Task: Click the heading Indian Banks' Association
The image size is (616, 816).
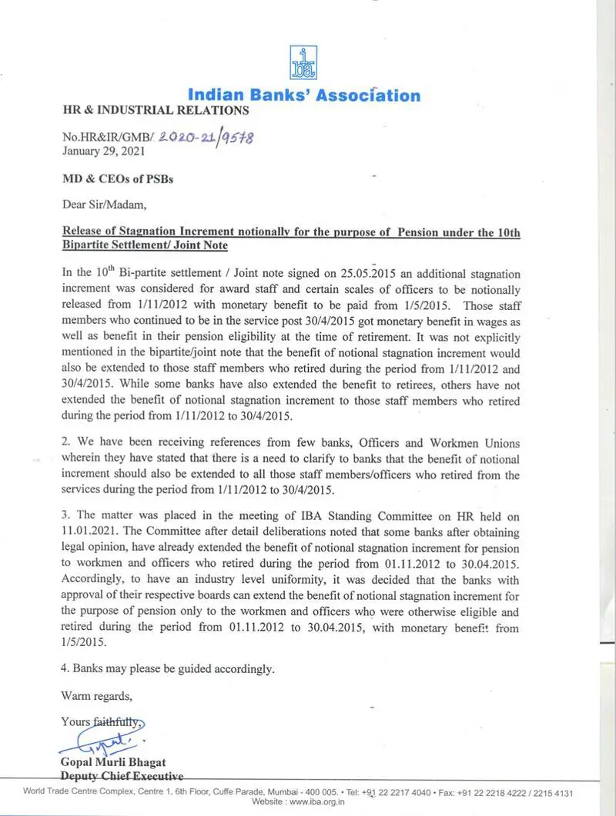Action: point(304,95)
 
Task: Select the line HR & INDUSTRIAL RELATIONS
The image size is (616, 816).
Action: point(155,111)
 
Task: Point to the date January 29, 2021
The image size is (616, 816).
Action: point(99,152)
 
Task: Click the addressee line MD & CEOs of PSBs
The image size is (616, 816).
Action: point(118,179)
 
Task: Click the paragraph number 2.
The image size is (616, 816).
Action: point(65,443)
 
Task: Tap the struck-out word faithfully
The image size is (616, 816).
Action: point(118,721)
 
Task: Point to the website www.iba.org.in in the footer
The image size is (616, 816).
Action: point(317,802)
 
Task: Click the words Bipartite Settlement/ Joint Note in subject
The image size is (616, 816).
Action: point(145,245)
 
